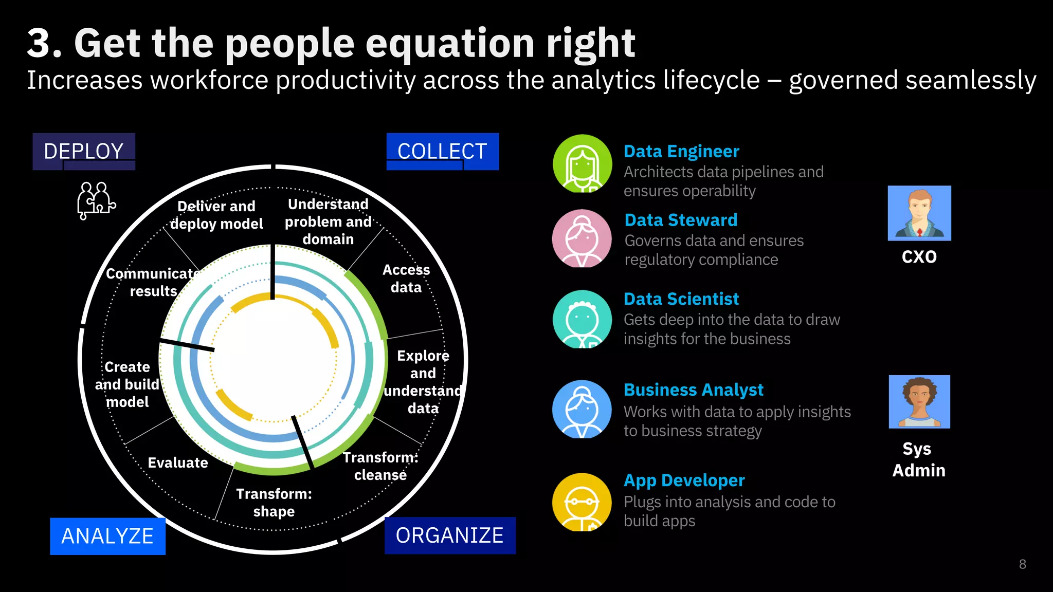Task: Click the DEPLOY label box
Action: click(84, 151)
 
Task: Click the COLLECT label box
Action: click(442, 151)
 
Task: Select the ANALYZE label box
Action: click(107, 536)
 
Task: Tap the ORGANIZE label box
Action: click(450, 535)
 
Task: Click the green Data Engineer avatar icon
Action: click(582, 163)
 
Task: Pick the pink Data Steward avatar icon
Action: click(582, 238)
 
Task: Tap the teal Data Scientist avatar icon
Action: click(582, 319)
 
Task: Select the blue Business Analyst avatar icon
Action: click(582, 409)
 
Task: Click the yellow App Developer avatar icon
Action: click(582, 502)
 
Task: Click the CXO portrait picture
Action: click(919, 213)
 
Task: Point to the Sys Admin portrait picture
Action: click(919, 402)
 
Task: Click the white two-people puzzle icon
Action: click(96, 200)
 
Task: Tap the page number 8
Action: click(1022, 564)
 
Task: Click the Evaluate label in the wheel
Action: click(178, 462)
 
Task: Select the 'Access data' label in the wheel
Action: click(406, 279)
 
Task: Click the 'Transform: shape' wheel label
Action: click(274, 503)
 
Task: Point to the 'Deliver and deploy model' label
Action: click(216, 215)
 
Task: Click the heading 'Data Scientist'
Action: click(681, 299)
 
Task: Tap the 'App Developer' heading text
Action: click(684, 480)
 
